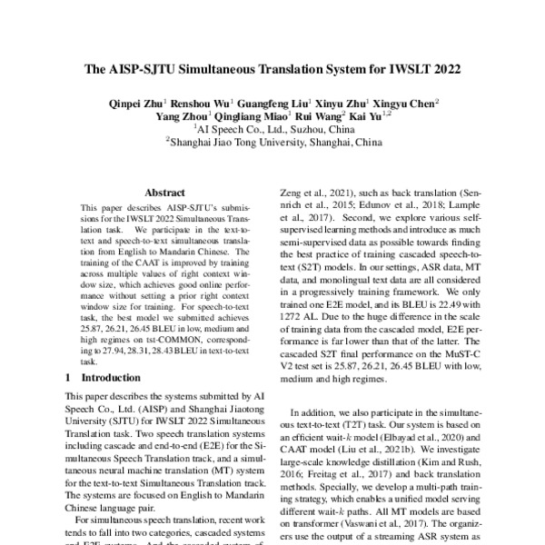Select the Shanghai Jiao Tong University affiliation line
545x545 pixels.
272,143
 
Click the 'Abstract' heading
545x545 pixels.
164,193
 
